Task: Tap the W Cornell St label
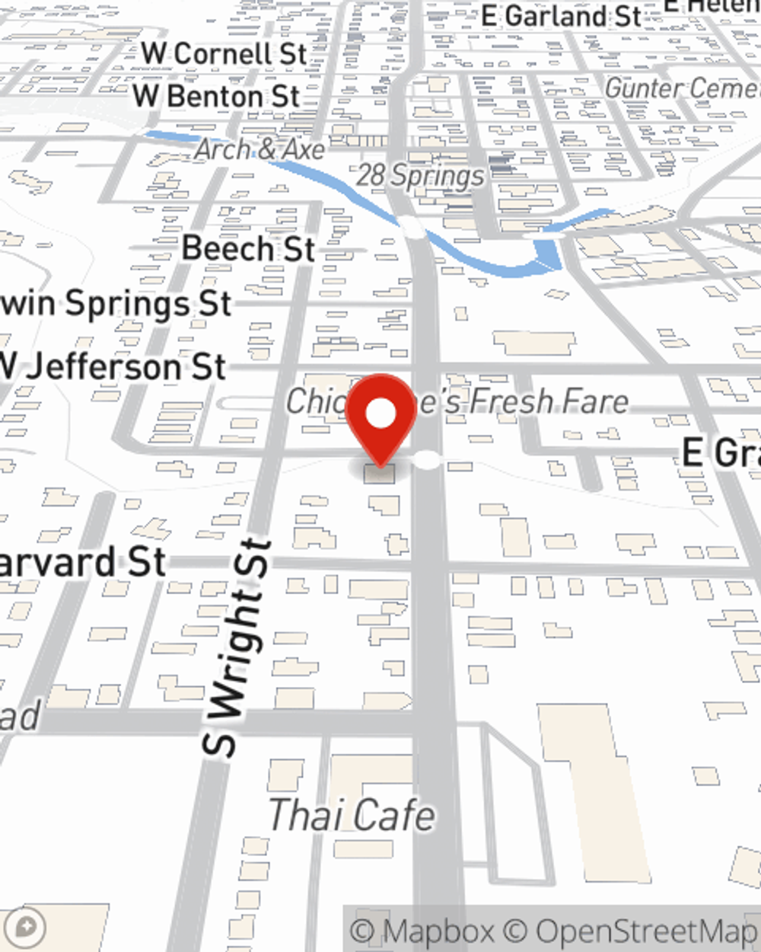tap(224, 54)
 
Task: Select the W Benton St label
tap(217, 97)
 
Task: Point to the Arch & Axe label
tap(260, 149)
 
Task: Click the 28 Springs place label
tap(420, 176)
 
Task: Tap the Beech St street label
tap(248, 249)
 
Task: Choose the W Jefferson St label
tap(113, 367)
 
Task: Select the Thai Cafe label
tap(352, 815)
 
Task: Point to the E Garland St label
tap(562, 16)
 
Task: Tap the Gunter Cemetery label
tap(681, 88)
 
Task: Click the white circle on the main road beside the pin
tap(428, 460)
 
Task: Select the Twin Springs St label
tap(114, 303)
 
